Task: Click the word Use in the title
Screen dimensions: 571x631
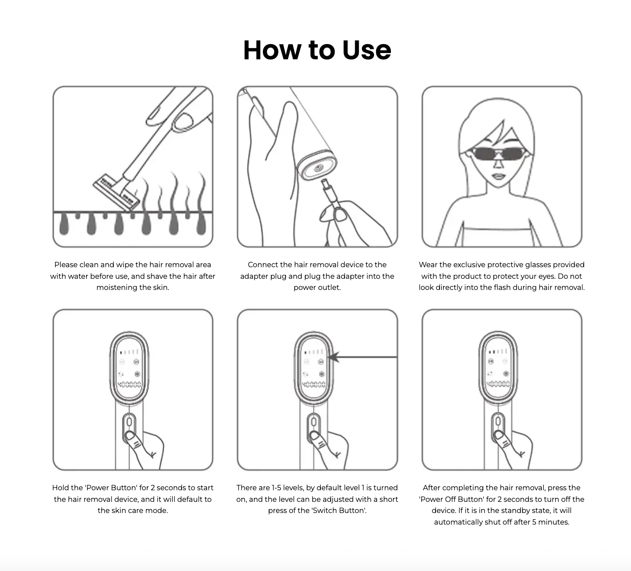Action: pyautogui.click(x=366, y=50)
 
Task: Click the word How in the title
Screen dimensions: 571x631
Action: pyautogui.click(x=272, y=50)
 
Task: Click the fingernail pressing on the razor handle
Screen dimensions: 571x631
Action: pyautogui.click(x=183, y=121)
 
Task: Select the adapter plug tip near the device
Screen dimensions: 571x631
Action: pyautogui.click(x=325, y=184)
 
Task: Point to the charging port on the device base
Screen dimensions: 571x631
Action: pyautogui.click(x=317, y=168)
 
